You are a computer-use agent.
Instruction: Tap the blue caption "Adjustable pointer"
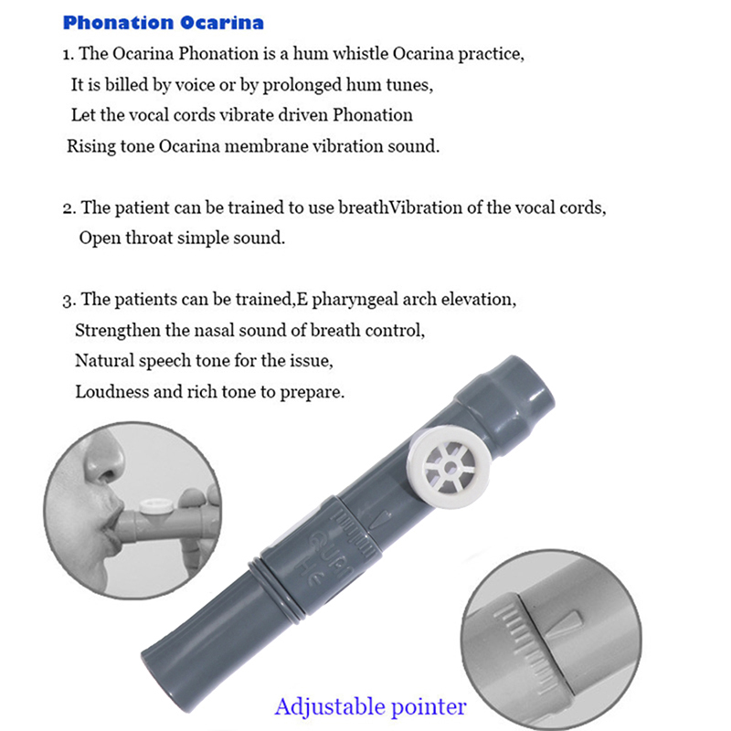370,706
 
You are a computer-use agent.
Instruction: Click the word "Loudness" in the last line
109,392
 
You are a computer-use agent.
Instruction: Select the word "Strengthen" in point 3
115,330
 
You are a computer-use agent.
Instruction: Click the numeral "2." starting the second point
69,207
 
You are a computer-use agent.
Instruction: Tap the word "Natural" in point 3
104,361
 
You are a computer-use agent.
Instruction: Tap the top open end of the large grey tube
524,379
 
